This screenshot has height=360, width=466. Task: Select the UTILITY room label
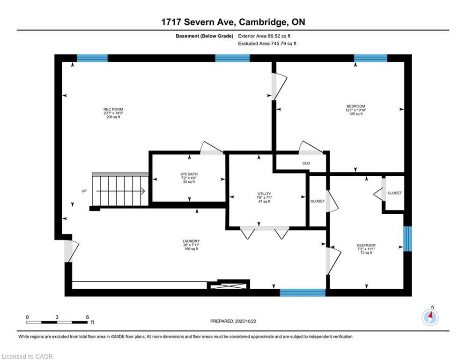tap(264, 197)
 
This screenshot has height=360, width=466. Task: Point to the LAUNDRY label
tap(191, 245)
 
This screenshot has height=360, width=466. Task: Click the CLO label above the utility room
tap(306, 163)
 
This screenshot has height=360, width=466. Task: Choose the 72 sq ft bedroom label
tap(366, 248)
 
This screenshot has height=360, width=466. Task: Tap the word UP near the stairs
tap(84, 191)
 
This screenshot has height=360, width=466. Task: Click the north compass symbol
tap(430, 317)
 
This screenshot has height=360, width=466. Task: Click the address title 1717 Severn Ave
tap(233, 22)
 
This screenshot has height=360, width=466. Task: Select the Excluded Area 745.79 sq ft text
tap(267, 44)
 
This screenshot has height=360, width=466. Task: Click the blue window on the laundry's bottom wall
tap(303, 292)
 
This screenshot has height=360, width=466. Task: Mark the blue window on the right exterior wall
tap(407, 239)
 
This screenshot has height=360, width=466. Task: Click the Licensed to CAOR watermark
tap(27, 356)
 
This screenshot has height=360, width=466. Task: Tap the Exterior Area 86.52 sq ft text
tap(267, 36)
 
